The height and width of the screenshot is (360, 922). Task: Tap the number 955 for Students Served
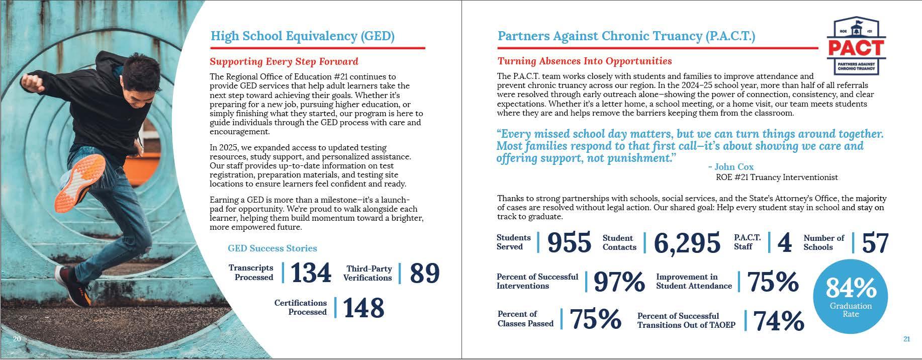click(x=569, y=243)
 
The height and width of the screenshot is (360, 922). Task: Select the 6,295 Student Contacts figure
click(x=687, y=243)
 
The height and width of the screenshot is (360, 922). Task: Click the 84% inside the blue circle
click(x=851, y=288)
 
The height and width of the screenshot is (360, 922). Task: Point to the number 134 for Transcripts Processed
click(x=311, y=273)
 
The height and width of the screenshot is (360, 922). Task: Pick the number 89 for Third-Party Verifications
click(x=424, y=273)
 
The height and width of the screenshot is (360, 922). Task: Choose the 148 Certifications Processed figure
click(x=363, y=308)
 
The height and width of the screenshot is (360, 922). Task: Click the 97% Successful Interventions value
click(x=619, y=282)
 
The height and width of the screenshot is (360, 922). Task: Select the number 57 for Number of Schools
click(x=875, y=243)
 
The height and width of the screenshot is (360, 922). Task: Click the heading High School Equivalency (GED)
click(x=302, y=36)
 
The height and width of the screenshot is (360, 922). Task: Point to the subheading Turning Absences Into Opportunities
click(x=584, y=61)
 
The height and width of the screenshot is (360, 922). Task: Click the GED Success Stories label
click(x=272, y=248)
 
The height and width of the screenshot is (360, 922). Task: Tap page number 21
click(x=906, y=339)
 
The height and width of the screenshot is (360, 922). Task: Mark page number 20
click(x=17, y=339)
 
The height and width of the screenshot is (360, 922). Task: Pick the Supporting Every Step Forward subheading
click(x=284, y=62)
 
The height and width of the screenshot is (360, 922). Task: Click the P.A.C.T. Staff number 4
click(x=784, y=243)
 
